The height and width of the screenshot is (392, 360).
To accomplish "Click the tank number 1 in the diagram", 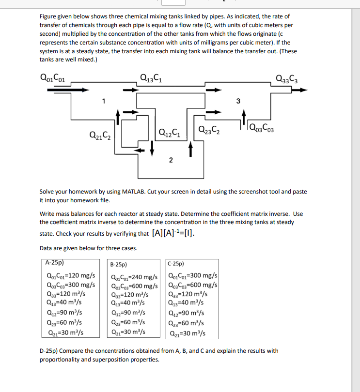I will click(103, 101).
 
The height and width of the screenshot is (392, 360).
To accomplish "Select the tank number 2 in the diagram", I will click(171, 161).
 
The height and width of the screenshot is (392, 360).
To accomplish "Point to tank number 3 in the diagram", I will click(237, 101).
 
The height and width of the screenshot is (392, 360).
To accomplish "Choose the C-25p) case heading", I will click(175, 264).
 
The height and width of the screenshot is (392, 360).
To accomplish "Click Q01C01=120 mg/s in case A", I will click(70, 276).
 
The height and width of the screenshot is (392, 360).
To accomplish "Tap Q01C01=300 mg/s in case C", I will click(192, 276).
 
